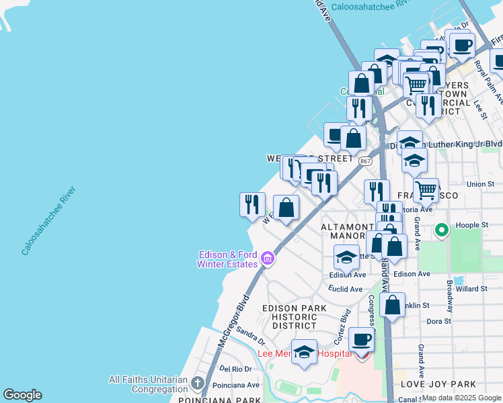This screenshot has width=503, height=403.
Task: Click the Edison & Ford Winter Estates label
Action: [x=229, y=259]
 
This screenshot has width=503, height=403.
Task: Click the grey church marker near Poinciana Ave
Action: [x=197, y=384]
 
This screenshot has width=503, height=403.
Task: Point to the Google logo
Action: [x=22, y=395]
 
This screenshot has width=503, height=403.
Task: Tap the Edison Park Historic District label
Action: [x=294, y=316]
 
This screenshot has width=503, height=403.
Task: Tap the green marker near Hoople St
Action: [x=442, y=231]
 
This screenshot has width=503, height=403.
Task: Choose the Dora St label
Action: [x=438, y=321]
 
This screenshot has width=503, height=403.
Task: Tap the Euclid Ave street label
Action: [x=346, y=289]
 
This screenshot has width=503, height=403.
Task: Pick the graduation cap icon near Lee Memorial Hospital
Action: [x=305, y=352]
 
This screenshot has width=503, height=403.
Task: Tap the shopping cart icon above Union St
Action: [x=426, y=189]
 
